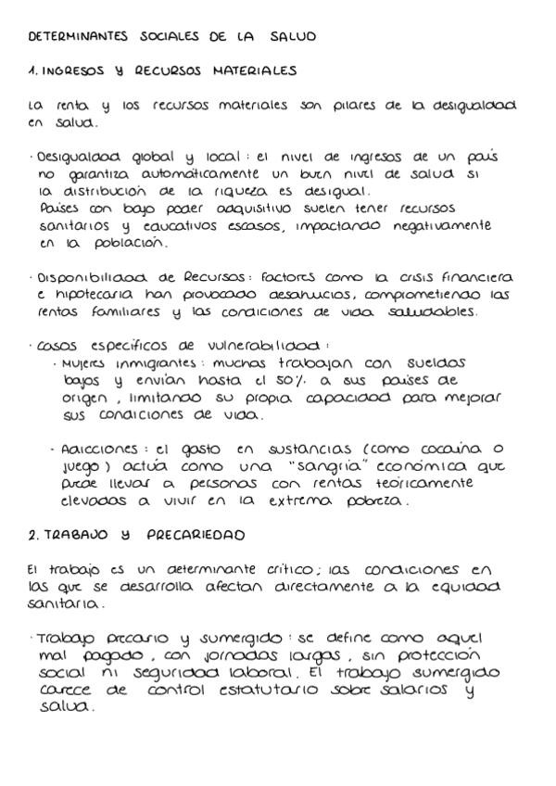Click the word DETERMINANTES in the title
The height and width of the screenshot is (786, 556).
[75, 37]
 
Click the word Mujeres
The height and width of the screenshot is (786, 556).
[91, 363]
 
